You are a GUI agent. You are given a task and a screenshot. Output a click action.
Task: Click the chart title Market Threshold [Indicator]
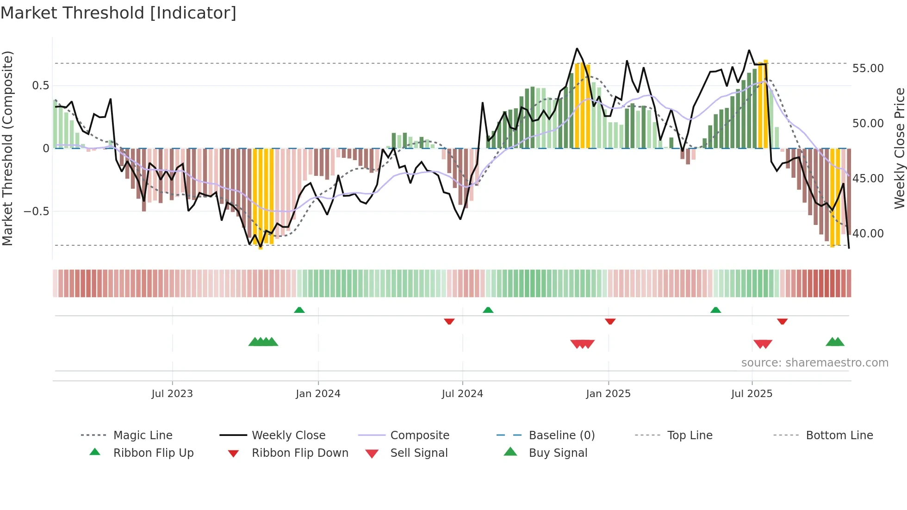click(x=118, y=13)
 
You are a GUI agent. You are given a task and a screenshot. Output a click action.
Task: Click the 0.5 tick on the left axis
click(x=40, y=86)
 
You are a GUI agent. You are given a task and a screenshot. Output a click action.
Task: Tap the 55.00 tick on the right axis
click(x=868, y=68)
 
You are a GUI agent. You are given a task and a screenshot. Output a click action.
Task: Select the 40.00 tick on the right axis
click(x=868, y=234)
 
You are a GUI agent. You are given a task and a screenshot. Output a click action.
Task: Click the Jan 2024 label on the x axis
click(x=318, y=394)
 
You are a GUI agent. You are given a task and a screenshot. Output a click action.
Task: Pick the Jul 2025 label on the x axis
click(x=752, y=394)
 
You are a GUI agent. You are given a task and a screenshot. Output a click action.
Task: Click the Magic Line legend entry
click(x=143, y=435)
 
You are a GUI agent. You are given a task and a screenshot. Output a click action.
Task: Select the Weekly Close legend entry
click(x=288, y=435)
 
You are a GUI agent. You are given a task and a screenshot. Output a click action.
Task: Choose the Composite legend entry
click(x=419, y=435)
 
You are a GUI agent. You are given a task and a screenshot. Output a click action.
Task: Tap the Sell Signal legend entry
click(x=418, y=453)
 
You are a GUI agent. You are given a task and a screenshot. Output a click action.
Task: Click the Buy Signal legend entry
click(x=558, y=453)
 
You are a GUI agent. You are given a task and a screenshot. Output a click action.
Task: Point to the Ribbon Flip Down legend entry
click(x=299, y=453)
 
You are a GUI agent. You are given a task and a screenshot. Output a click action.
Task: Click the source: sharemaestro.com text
click(x=814, y=363)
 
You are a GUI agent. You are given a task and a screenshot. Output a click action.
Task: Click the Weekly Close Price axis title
click(x=899, y=148)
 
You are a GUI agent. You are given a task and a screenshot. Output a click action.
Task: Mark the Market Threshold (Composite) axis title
click(x=7, y=148)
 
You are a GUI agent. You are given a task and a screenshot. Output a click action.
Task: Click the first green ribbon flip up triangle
click(x=299, y=310)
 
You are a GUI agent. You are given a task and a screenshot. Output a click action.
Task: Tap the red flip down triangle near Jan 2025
click(x=610, y=321)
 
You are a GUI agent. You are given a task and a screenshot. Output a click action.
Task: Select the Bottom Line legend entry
click(x=839, y=435)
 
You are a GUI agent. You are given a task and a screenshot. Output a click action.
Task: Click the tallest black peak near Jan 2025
click(x=577, y=49)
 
